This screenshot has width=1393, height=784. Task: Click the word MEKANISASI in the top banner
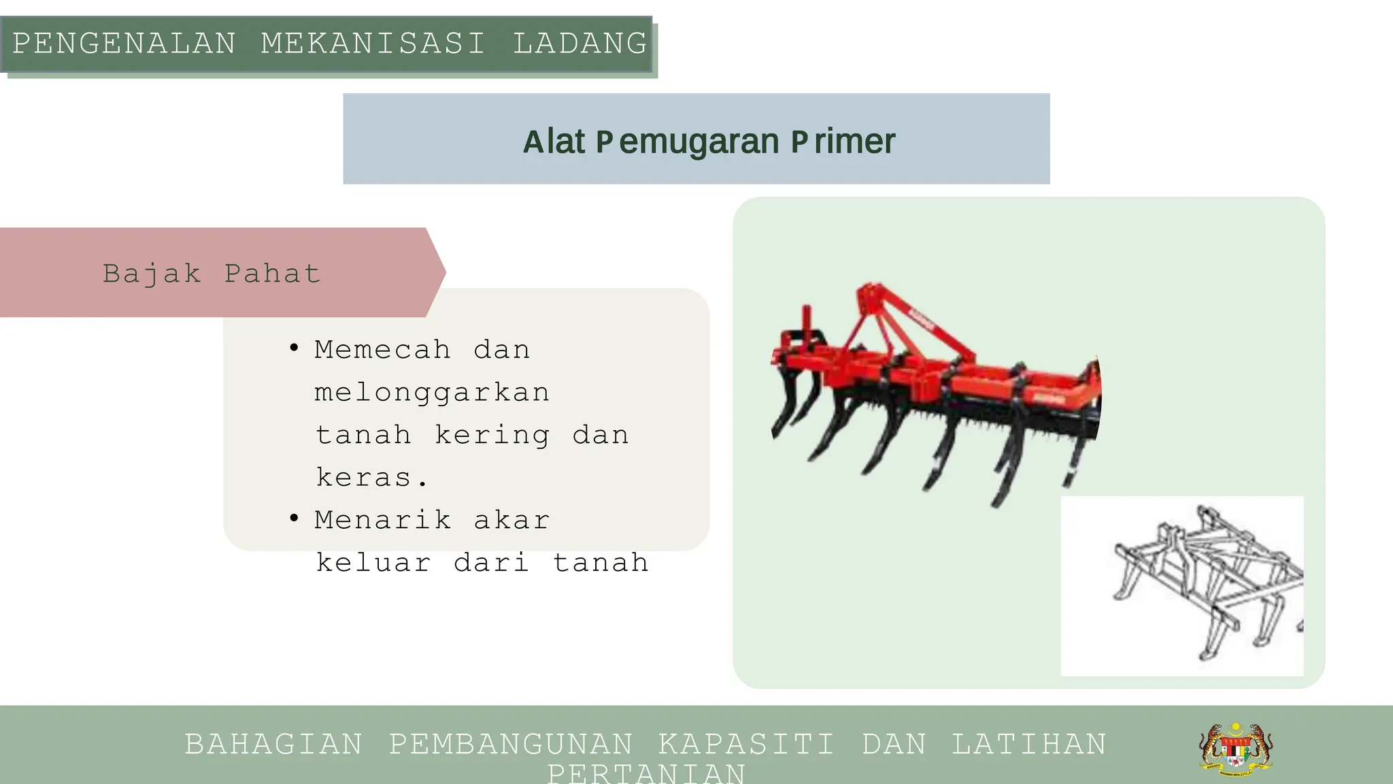(373, 44)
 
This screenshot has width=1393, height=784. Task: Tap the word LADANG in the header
(580, 44)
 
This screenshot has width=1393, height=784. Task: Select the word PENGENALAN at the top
(124, 44)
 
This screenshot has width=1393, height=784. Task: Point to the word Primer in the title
(843, 142)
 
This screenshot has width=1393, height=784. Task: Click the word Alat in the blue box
(554, 142)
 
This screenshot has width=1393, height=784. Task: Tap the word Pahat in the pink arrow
(272, 274)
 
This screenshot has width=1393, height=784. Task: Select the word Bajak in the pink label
(152, 274)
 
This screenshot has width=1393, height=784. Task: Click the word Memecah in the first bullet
(382, 350)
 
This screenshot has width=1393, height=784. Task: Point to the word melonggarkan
(432, 393)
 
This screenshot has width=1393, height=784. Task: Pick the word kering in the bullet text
(492, 436)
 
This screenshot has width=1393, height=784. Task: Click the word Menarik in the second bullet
(382, 521)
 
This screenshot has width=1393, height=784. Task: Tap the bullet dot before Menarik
(294, 519)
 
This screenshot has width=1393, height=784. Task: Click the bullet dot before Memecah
(294, 348)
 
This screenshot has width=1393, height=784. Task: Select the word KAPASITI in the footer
(746, 744)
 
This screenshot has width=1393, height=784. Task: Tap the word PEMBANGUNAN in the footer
(511, 744)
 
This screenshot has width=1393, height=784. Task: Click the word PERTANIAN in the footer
(646, 774)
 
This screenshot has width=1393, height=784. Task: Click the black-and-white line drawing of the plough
(1182, 586)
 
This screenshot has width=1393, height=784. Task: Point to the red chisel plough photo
(936, 395)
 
